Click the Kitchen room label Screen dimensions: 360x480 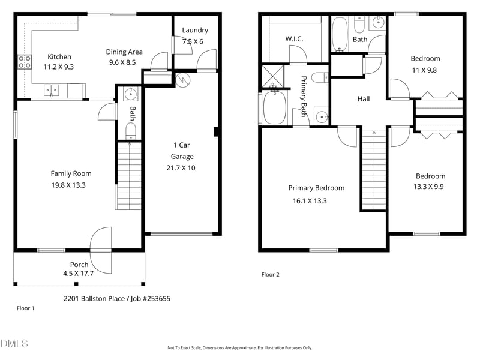coord(59,57)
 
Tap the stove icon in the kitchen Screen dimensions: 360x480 coord(25,61)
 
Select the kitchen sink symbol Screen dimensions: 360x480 coord(51,91)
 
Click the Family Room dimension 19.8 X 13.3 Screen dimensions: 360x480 coord(68,185)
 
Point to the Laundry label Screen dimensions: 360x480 coord(195,30)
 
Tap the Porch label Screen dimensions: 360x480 coord(79,265)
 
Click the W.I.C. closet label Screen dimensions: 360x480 coord(294,39)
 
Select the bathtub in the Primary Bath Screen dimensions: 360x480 coord(274,108)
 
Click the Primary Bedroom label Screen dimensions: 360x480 coord(316,188)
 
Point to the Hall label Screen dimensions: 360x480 coord(364,99)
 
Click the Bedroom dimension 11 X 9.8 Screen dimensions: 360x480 coord(425,70)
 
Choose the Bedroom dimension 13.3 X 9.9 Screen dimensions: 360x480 coord(431,187)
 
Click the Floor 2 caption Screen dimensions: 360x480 coord(271,275)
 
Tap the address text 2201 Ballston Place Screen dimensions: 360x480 coord(96,298)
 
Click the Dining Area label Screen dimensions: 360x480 coord(124,52)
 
